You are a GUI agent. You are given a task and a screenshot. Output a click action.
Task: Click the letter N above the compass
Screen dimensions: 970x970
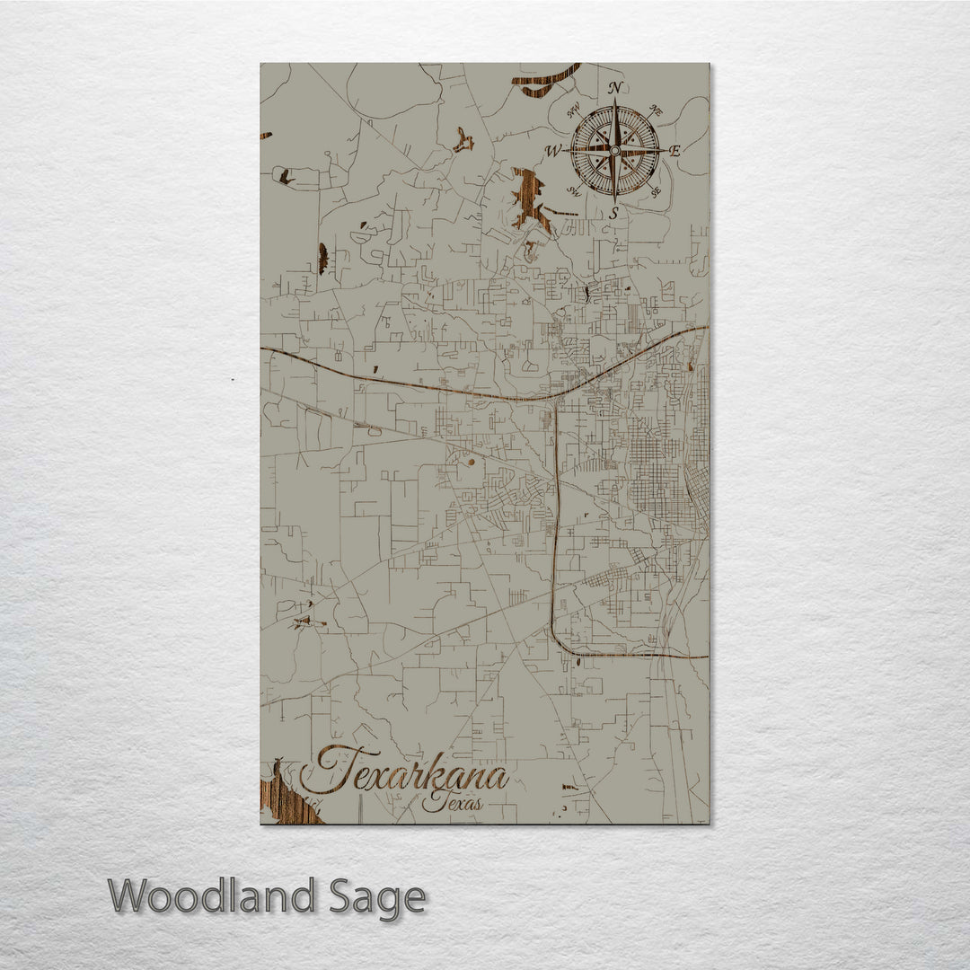pos(616,88)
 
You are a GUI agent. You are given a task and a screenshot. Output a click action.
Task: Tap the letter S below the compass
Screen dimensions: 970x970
pos(614,213)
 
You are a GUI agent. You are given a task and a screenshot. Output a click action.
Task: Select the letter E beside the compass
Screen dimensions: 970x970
pos(675,150)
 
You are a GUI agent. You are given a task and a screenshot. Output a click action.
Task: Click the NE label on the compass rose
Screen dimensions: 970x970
pos(656,111)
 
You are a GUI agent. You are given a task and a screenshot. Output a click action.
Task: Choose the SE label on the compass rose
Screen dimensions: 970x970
pos(657,190)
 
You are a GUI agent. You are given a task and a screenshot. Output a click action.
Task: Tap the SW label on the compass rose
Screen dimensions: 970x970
pos(573,190)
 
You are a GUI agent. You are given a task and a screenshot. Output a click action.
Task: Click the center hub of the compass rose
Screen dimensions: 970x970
pos(615,150)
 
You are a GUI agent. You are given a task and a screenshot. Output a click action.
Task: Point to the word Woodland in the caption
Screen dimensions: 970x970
pos(212,897)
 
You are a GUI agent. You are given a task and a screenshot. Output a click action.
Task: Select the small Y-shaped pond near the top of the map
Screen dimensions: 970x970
pos(463,140)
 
